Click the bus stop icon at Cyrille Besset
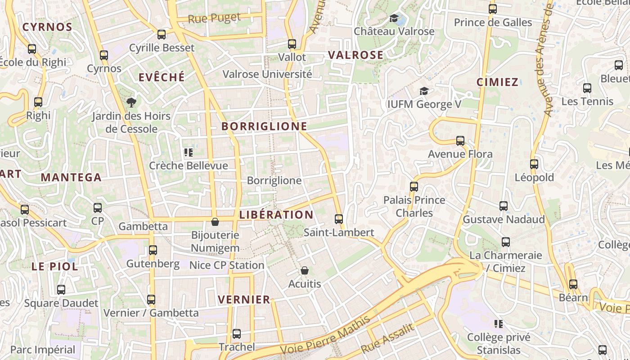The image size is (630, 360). click(162, 34)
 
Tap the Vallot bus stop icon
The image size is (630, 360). click(292, 44)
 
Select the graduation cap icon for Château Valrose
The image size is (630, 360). click(394, 18)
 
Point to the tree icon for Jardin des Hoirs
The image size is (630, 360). click(131, 103)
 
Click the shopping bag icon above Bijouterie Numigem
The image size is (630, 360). click(215, 222)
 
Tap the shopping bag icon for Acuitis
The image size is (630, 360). click(305, 270)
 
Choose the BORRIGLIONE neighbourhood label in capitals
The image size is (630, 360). click(264, 126)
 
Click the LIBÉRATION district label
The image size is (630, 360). click(276, 215)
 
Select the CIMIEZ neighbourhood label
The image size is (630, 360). click(497, 82)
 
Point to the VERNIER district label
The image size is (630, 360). click(244, 299)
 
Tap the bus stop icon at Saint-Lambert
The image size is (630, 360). click(339, 219)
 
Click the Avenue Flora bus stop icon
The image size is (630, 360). click(460, 141)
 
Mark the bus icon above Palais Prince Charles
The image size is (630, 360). click(414, 186)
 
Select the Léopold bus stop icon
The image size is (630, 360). click(534, 164)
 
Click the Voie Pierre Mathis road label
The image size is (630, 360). click(325, 335)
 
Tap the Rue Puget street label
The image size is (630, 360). click(214, 18)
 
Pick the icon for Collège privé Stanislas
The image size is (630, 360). click(498, 324)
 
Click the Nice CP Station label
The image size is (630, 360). click(227, 265)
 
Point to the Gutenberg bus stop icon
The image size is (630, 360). click(153, 250)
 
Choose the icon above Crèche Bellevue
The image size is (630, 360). click(189, 153)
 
